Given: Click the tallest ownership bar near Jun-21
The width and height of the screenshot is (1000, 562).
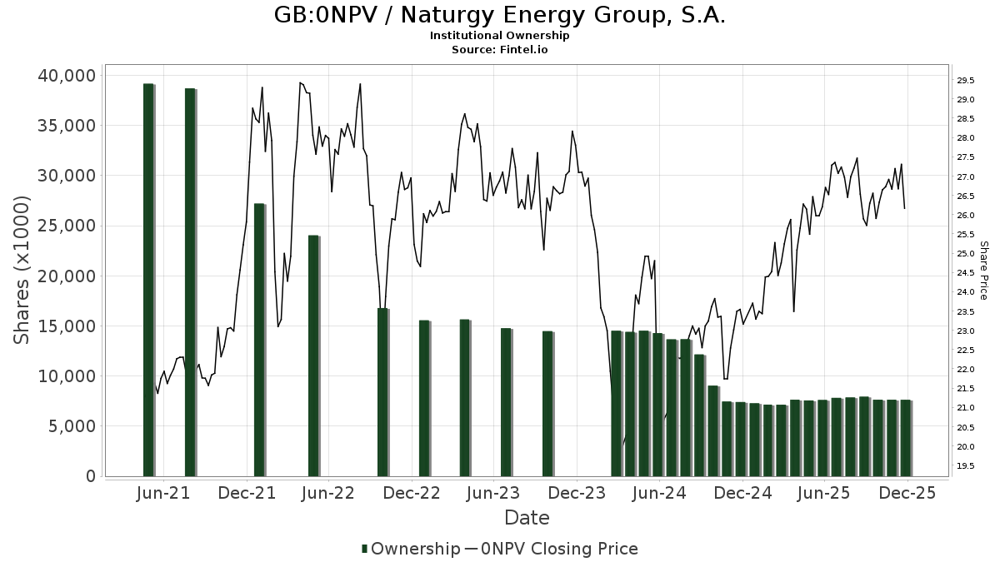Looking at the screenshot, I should pyautogui.click(x=148, y=279).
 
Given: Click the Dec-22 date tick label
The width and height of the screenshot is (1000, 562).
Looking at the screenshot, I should pyautogui.click(x=412, y=493).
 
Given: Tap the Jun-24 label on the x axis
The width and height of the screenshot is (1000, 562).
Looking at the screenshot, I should pyautogui.click(x=659, y=493).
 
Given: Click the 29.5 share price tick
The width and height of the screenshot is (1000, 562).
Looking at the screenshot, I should pyautogui.click(x=966, y=81).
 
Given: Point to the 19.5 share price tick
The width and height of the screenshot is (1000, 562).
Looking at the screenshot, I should pyautogui.click(x=966, y=466).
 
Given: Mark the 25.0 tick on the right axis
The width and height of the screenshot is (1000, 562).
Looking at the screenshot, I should pyautogui.click(x=966, y=254).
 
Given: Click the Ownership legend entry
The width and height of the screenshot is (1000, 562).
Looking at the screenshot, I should pyautogui.click(x=410, y=549).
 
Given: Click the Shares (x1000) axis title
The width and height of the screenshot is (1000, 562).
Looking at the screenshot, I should pyautogui.click(x=22, y=270).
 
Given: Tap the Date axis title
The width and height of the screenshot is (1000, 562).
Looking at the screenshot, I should pyautogui.click(x=527, y=518).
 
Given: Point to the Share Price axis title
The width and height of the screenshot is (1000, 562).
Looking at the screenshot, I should pyautogui.click(x=983, y=271).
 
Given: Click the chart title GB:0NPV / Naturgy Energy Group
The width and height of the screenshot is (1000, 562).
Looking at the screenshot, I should pyautogui.click(x=499, y=16).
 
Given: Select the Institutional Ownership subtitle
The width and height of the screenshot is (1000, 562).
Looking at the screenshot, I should pyautogui.click(x=499, y=36).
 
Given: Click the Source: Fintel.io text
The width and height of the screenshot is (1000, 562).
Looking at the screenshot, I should pyautogui.click(x=499, y=49).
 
